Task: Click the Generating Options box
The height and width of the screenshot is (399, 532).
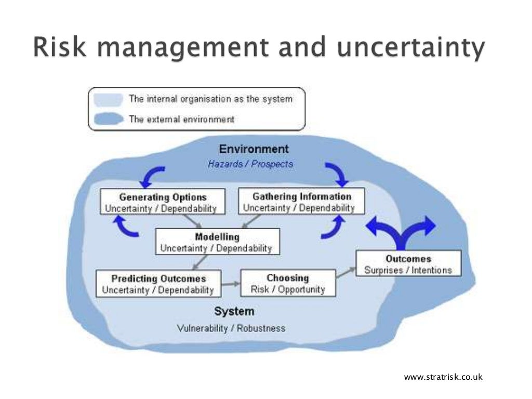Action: [162, 202]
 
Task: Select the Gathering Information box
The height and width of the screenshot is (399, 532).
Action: [301, 201]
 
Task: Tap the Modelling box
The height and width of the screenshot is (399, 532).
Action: [217, 242]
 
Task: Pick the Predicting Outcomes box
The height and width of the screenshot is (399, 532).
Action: [158, 284]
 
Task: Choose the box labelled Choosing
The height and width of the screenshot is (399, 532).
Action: [287, 283]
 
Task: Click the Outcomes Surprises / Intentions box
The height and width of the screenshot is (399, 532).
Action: [408, 264]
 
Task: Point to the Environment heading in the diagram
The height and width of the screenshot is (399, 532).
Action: [254, 149]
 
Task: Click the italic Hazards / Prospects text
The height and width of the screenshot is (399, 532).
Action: [250, 164]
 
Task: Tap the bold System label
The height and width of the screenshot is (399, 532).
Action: [234, 311]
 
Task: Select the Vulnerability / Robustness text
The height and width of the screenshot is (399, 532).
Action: [231, 328]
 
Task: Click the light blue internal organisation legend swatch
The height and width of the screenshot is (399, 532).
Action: [108, 99]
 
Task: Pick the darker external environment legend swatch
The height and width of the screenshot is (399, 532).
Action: [108, 119]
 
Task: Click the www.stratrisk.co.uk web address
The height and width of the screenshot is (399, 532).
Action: [443, 377]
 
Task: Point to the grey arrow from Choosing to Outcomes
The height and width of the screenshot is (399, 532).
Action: [345, 274]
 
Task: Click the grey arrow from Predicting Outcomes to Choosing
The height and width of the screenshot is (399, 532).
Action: [231, 284]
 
